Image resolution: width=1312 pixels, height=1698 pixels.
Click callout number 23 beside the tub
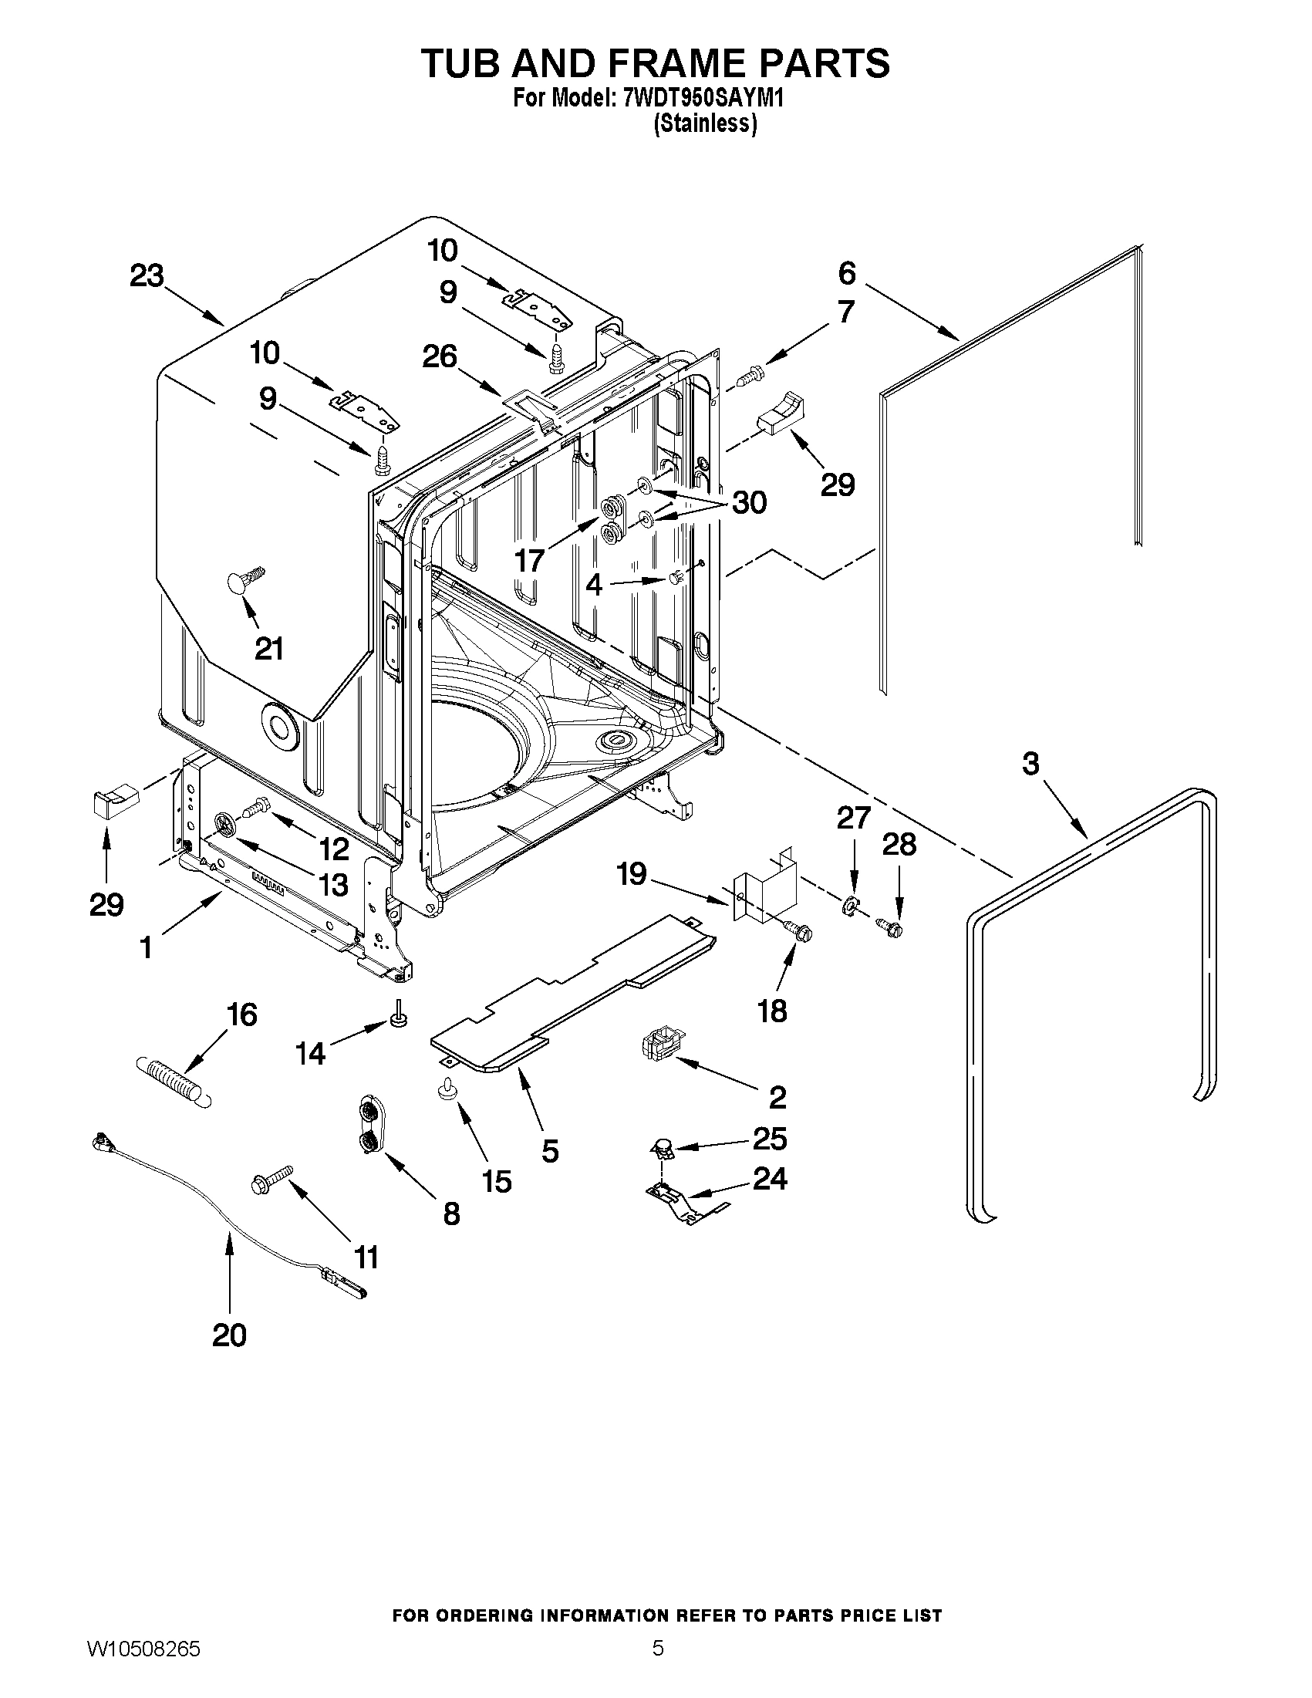click(x=147, y=276)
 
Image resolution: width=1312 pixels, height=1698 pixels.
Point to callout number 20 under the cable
click(x=229, y=1335)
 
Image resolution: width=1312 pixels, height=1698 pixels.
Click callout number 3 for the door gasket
click(x=1030, y=764)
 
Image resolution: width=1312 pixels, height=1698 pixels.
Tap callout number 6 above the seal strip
click(x=846, y=273)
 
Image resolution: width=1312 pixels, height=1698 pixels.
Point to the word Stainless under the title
click(x=705, y=124)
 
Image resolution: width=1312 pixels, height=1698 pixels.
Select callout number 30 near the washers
click(x=748, y=502)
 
